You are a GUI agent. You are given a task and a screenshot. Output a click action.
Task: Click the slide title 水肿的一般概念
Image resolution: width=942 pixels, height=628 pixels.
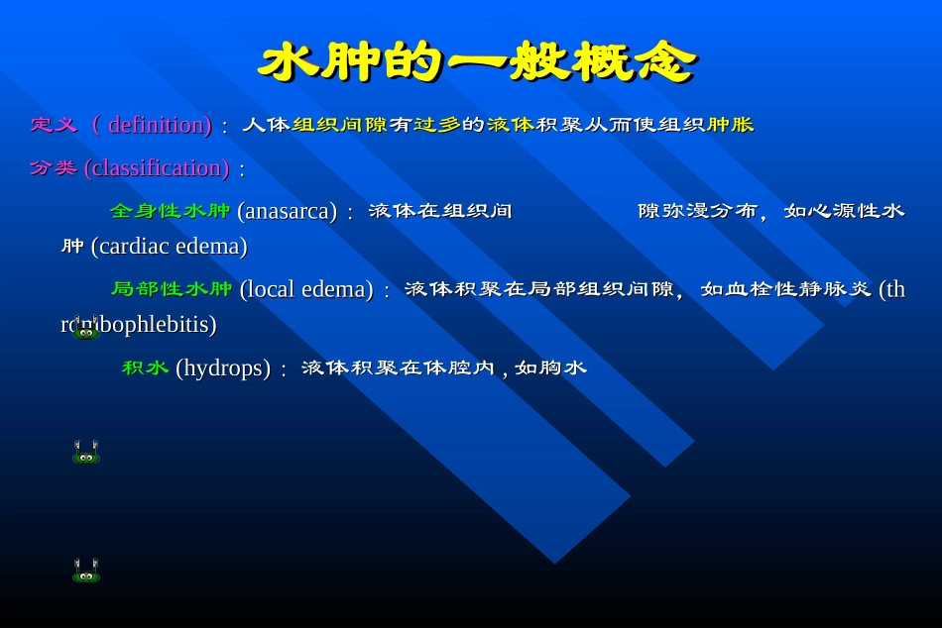pos(476,61)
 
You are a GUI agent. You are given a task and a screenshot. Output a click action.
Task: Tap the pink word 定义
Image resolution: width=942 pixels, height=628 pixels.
pos(54,125)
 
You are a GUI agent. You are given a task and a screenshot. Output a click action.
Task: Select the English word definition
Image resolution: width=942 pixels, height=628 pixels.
pos(158,125)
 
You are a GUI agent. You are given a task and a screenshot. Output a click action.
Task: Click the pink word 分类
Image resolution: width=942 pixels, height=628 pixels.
pos(54,168)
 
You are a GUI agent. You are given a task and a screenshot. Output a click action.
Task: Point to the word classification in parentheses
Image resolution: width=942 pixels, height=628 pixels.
pos(157,168)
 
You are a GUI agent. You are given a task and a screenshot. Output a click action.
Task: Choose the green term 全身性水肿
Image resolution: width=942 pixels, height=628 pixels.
pos(171,211)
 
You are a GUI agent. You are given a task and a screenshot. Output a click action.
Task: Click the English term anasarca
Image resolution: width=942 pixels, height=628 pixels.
pos(288,211)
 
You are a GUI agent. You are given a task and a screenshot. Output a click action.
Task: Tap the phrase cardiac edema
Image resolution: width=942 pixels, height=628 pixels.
pos(169,246)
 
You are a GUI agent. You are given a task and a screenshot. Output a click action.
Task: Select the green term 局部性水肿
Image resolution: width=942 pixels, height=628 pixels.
pos(172,289)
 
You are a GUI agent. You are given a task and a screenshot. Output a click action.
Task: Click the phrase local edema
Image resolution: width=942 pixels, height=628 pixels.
pos(306,289)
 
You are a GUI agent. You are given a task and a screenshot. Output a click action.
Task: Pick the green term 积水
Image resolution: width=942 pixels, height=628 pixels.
pos(146,368)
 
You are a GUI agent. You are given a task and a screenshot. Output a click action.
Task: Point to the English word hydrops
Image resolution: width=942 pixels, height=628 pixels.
pos(223,368)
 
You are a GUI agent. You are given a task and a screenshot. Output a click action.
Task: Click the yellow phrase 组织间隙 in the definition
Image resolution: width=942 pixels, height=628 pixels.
pos(340,125)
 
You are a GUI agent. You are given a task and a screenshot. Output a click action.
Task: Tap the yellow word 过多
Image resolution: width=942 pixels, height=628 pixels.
pos(437,125)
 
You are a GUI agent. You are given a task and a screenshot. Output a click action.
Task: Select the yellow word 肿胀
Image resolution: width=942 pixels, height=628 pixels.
pos(730,125)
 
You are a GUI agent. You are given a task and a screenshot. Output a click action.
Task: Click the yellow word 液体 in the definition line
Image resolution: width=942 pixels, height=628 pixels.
pos(511,125)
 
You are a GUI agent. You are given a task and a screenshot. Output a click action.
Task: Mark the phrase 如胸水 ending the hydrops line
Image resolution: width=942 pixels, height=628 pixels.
pos(550,368)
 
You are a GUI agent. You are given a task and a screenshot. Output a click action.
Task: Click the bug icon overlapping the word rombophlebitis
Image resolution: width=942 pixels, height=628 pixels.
pos(86,330)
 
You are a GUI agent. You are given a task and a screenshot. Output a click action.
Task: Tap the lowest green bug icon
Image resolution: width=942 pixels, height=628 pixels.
pos(86,572)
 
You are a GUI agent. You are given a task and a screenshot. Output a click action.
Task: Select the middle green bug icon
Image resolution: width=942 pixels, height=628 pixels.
pos(86,454)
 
